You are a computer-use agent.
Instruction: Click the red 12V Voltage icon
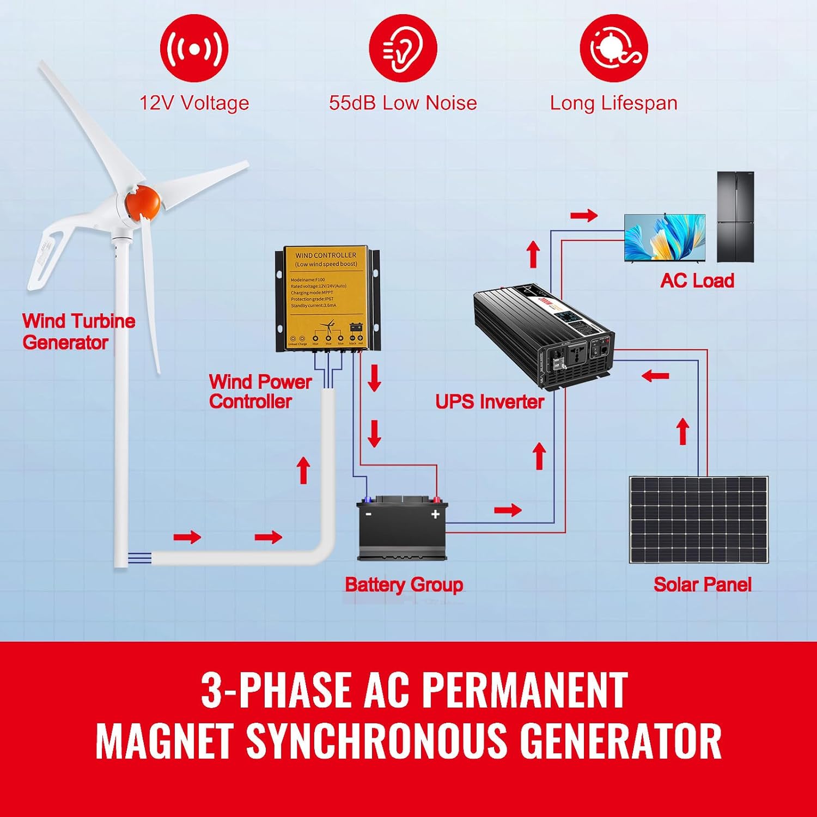pos(194,48)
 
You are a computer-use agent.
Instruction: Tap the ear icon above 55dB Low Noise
pos(403,48)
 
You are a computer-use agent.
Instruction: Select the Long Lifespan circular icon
pos(614,48)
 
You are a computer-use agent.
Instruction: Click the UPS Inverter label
pos(490,402)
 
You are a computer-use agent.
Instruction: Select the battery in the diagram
pos(402,528)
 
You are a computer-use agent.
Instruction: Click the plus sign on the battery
pos(435,514)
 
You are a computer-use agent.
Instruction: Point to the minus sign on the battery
pos(369,514)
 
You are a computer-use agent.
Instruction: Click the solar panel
pos(698,520)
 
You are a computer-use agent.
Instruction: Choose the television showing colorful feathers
pos(664,238)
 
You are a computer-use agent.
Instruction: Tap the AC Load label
pos(697,281)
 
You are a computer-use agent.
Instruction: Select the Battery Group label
pos(404,584)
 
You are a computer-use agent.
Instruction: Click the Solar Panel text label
pos(702,584)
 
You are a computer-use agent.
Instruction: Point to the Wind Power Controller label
pos(260,392)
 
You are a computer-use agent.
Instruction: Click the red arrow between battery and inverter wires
pos(508,510)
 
